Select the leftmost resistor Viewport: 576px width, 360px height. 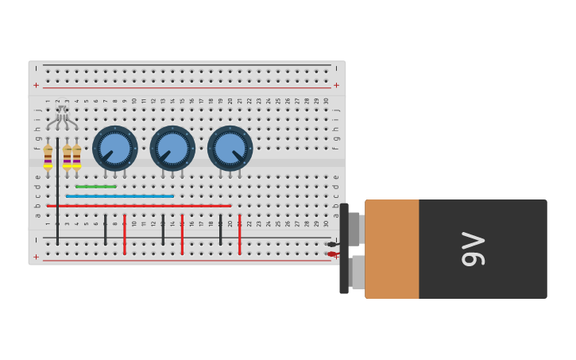tap(48, 156)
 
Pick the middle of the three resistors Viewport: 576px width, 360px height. tap(67, 156)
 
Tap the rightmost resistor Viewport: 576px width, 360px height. tap(76, 156)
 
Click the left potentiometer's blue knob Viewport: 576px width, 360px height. tap(114, 149)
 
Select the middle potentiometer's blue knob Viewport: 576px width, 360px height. tap(172, 149)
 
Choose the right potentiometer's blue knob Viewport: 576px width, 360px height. tap(230, 149)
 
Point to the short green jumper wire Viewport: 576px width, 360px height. tap(95, 187)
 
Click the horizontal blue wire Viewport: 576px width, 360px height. tap(119, 195)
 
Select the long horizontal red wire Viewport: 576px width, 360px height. tap(139, 206)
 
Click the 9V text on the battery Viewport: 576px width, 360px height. tap(474, 249)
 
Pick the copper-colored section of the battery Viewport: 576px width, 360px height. tap(392, 249)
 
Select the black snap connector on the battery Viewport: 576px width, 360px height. tap(344, 249)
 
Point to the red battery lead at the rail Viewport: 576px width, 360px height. tap(332, 254)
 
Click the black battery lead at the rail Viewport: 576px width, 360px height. tap(332, 244)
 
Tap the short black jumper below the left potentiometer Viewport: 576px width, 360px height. tap(105, 229)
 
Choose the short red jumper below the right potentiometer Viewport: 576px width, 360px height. tap(239, 234)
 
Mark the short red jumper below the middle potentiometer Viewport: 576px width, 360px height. tap(182, 234)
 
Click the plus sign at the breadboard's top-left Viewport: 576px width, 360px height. tap(36, 85)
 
